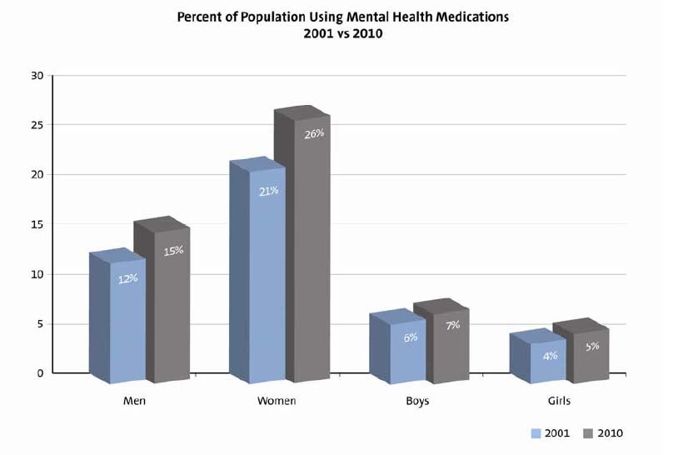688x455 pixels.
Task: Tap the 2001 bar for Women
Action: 267,275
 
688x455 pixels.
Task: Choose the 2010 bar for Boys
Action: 452,346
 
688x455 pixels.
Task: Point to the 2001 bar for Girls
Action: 548,362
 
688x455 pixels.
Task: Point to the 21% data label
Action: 268,191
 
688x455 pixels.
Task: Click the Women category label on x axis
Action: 277,401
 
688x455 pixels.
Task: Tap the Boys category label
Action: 417,401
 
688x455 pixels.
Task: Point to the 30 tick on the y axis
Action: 36,76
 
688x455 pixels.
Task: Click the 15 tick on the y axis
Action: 36,224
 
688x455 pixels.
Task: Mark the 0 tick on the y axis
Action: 39,373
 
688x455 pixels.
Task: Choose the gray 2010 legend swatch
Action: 587,432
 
